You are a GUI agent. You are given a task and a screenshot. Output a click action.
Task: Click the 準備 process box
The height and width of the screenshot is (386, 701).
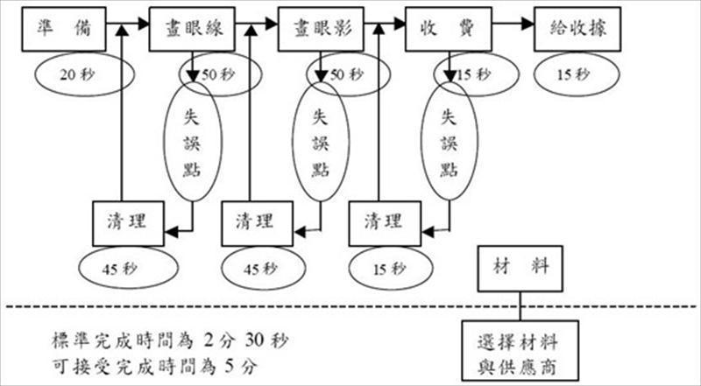(x=58, y=29)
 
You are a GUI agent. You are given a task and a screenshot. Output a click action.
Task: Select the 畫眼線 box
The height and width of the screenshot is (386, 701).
(x=194, y=29)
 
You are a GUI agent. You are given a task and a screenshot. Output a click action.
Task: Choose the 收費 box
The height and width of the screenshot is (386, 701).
(x=449, y=29)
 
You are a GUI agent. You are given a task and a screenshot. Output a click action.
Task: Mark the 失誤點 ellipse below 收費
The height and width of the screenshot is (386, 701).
(x=449, y=142)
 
